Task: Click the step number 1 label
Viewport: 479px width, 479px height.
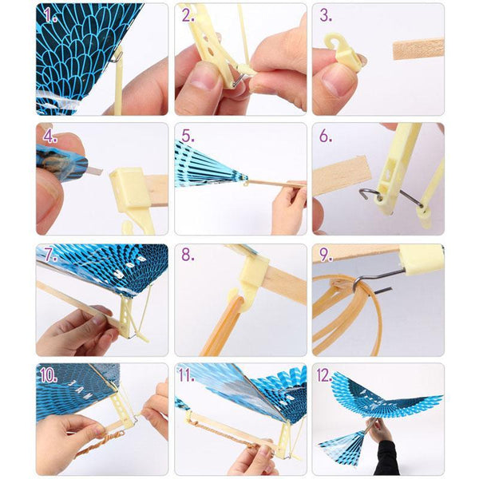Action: point(50,15)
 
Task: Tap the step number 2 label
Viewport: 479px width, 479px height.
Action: point(188,15)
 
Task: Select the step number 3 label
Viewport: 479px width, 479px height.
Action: point(326,15)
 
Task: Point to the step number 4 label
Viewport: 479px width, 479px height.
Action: point(50,137)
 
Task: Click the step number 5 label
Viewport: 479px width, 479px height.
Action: point(188,137)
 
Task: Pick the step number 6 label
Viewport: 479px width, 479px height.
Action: point(326,137)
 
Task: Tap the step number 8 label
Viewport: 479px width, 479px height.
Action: point(188,255)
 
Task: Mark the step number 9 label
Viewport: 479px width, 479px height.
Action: point(327,255)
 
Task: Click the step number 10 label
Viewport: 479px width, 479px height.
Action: point(49,375)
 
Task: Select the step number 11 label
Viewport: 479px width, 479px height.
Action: point(186,375)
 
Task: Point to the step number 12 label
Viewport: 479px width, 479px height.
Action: point(324,375)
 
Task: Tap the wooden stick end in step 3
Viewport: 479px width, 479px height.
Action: point(418,49)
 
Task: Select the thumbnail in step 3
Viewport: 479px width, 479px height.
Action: point(336,80)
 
